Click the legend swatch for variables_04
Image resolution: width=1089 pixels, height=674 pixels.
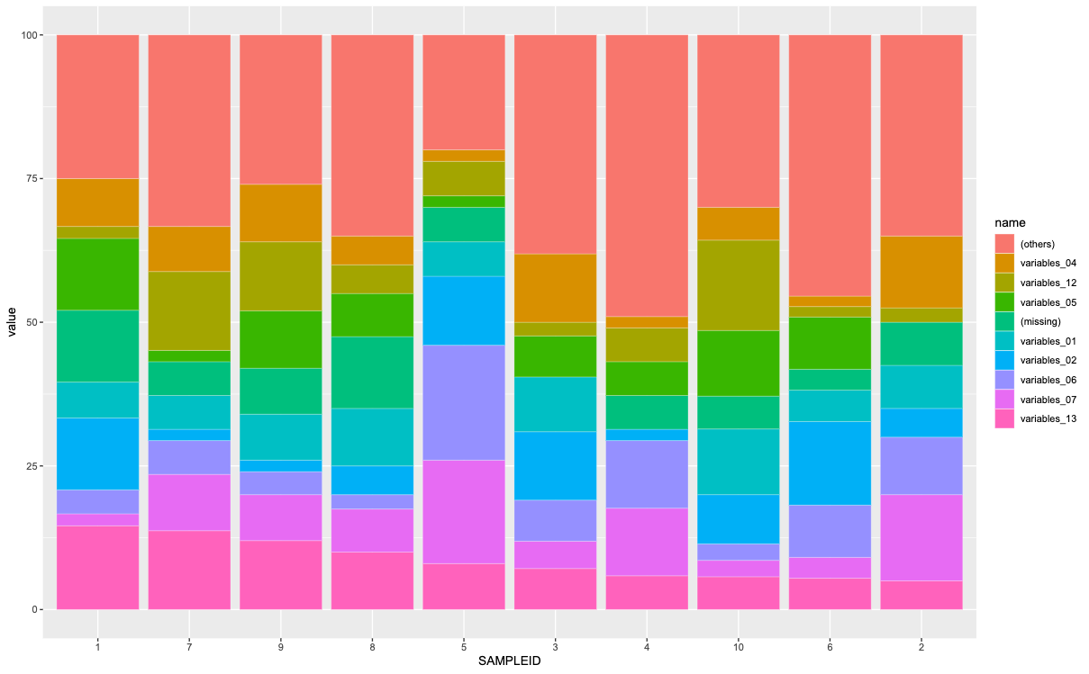(x=1004, y=264)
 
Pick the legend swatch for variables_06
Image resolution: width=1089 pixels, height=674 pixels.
(x=1004, y=380)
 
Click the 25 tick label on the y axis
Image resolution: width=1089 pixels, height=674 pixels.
(x=33, y=466)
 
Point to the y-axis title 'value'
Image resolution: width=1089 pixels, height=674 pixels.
(x=13, y=322)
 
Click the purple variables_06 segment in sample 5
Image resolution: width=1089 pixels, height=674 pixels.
(x=464, y=402)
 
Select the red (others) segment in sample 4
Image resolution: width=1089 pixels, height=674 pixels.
(x=647, y=175)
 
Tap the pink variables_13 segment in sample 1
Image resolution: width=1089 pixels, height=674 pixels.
(x=98, y=567)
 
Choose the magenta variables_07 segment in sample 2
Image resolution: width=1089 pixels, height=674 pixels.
(x=921, y=537)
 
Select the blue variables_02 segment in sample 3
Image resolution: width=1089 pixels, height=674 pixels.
(x=555, y=465)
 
